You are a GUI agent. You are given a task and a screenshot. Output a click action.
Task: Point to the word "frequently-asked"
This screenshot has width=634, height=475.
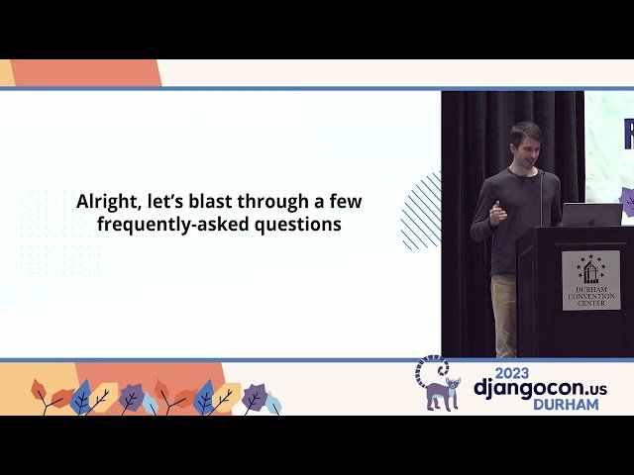(x=163, y=225)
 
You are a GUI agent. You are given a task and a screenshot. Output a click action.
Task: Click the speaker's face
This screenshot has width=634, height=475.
(x=524, y=147)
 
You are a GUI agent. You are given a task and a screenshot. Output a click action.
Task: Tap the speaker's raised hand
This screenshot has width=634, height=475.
(x=497, y=212)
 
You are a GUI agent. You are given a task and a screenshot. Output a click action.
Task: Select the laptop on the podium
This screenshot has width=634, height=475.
(x=591, y=214)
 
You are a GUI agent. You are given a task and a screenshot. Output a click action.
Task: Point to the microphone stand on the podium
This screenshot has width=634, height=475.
(x=542, y=198)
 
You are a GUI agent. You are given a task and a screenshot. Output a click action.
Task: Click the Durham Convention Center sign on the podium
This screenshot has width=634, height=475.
(x=590, y=280)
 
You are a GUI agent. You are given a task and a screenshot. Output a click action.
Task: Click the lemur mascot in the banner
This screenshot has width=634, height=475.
(x=438, y=384)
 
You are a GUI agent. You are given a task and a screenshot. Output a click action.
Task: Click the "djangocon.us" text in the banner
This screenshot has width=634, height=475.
(x=539, y=387)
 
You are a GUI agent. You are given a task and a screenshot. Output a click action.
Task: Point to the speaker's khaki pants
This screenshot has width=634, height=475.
(x=504, y=315)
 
